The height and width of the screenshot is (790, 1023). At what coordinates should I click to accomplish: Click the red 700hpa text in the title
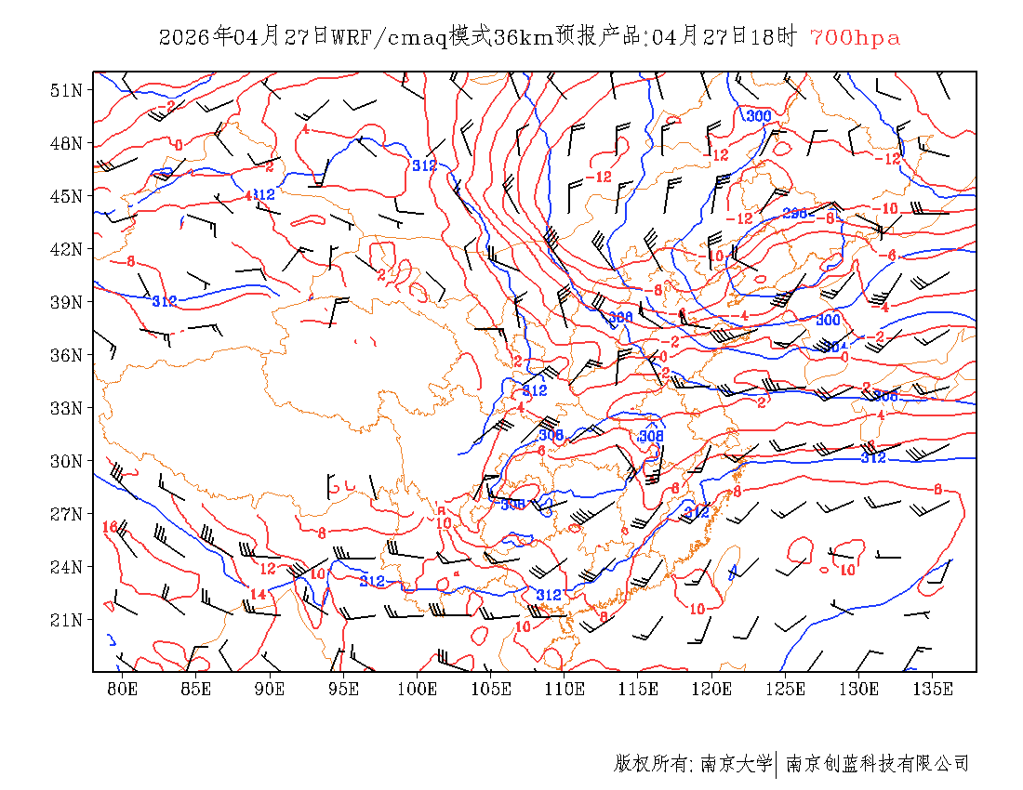pyautogui.click(x=855, y=38)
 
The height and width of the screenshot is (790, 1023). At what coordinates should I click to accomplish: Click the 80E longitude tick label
pyautogui.click(x=123, y=689)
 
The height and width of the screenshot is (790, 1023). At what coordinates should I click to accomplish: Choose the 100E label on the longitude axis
pyautogui.click(x=418, y=689)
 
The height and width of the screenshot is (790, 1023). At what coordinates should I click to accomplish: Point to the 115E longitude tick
pyautogui.click(x=638, y=689)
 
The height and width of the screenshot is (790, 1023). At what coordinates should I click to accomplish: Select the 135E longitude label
pyautogui.click(x=933, y=689)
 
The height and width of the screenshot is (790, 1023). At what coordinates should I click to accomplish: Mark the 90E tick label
pyautogui.click(x=270, y=689)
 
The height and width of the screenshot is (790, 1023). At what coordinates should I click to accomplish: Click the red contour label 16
pyautogui.click(x=110, y=527)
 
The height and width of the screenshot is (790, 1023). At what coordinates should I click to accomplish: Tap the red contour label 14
pyautogui.click(x=258, y=594)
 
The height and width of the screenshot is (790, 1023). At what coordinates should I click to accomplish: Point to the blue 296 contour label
pyautogui.click(x=794, y=214)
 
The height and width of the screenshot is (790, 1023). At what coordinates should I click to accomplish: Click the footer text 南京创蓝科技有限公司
pyautogui.click(x=877, y=764)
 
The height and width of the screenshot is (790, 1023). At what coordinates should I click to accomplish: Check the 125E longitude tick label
pyautogui.click(x=786, y=689)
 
